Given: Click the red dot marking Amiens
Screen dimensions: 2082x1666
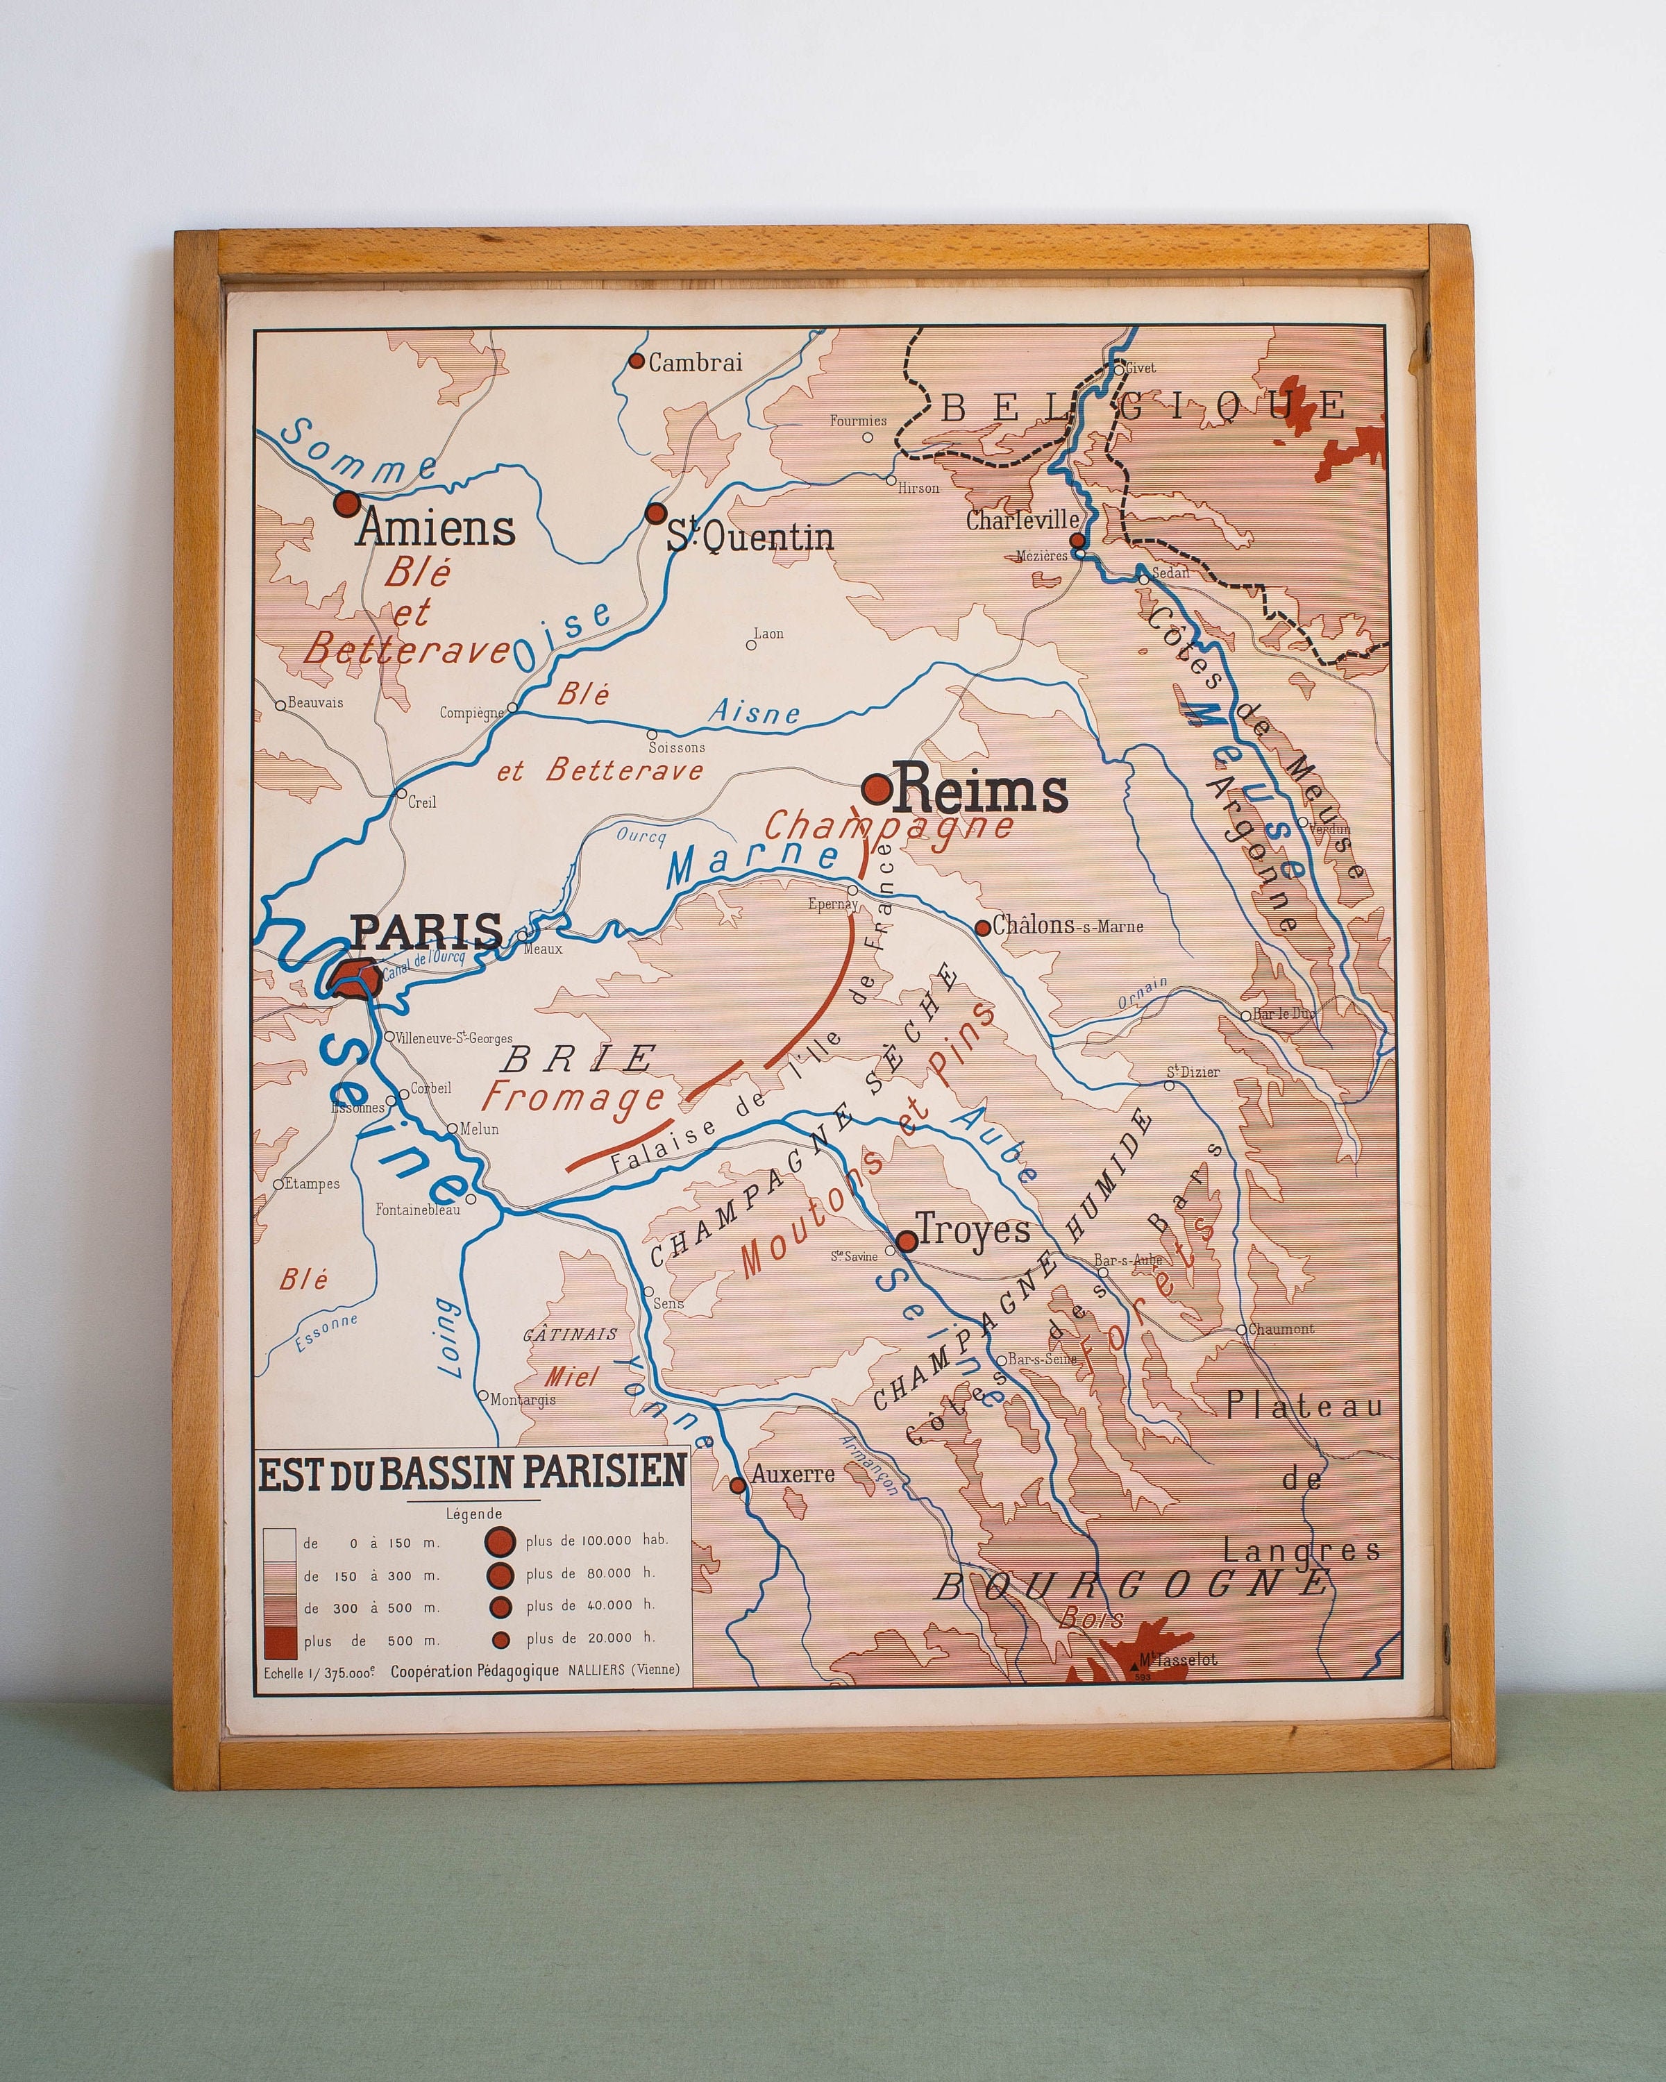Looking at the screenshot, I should [346, 503].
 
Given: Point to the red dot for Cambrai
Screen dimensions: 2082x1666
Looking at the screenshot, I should [637, 361].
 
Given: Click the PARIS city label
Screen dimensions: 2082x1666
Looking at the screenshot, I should [426, 930].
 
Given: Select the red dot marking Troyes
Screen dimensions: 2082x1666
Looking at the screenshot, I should [906, 1241].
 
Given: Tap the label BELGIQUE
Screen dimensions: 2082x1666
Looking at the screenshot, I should [1145, 407].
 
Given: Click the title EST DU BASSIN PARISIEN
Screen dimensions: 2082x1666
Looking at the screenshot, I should [472, 1473].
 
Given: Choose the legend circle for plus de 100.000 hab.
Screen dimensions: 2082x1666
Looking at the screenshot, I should [500, 1541].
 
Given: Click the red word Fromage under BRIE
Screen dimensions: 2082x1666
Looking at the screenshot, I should [573, 1098].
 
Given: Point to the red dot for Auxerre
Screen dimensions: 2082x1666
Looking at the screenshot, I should [737, 1485].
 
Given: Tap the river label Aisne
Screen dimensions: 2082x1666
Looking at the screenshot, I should [755, 713].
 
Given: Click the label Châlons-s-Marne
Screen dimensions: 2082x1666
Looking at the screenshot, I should [1067, 925].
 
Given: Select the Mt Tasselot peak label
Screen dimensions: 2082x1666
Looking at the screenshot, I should [1177, 1660].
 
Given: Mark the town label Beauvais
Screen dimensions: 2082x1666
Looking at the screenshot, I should [315, 702].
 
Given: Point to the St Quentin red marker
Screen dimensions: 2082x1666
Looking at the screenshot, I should [657, 513].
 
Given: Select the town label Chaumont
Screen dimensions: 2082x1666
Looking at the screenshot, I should [1281, 1329].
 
